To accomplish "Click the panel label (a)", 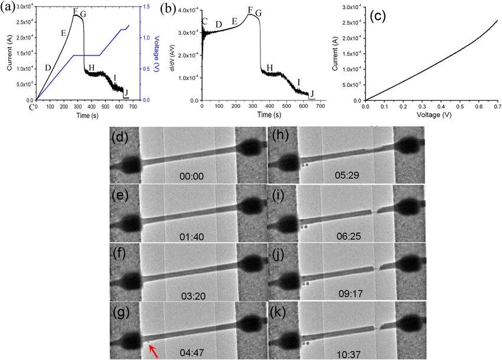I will click(10, 8).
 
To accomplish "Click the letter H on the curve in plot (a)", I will click(91, 68).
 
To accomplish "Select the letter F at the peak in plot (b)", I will click(250, 10).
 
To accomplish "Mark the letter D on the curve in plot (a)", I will click(48, 68).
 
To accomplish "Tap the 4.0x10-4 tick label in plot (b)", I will click(188, 11).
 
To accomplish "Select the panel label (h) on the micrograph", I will click(278, 136).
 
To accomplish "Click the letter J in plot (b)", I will click(313, 93).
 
